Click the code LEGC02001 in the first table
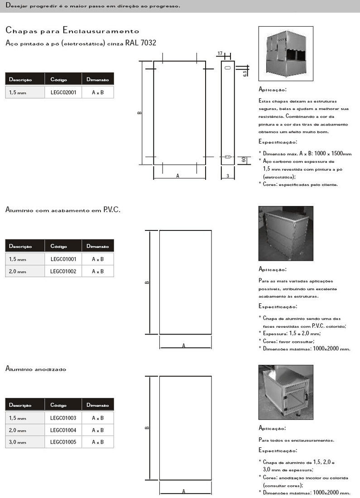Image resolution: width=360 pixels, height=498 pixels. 63,92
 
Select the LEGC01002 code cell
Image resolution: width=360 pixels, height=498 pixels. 63,271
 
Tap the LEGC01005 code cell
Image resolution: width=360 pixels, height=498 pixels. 63,442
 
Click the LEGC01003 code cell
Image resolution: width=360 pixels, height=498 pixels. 63,418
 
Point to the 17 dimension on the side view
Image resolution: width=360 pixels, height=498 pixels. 220,54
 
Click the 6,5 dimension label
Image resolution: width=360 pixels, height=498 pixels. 245,72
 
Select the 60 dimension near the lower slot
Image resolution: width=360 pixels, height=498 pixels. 244,159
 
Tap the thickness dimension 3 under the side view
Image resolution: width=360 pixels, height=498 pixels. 228,175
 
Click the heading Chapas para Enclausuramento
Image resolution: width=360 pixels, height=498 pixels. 72,31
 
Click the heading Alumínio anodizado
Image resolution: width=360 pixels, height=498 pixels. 36,369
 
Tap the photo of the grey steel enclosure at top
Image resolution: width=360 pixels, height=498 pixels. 285,53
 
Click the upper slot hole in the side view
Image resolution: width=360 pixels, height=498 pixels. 228,67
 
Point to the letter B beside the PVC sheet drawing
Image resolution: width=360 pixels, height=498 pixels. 147,283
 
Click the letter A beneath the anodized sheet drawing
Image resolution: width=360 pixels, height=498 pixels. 184,491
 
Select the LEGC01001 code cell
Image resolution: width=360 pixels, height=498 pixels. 63,259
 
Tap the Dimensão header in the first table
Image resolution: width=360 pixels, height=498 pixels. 98,80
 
